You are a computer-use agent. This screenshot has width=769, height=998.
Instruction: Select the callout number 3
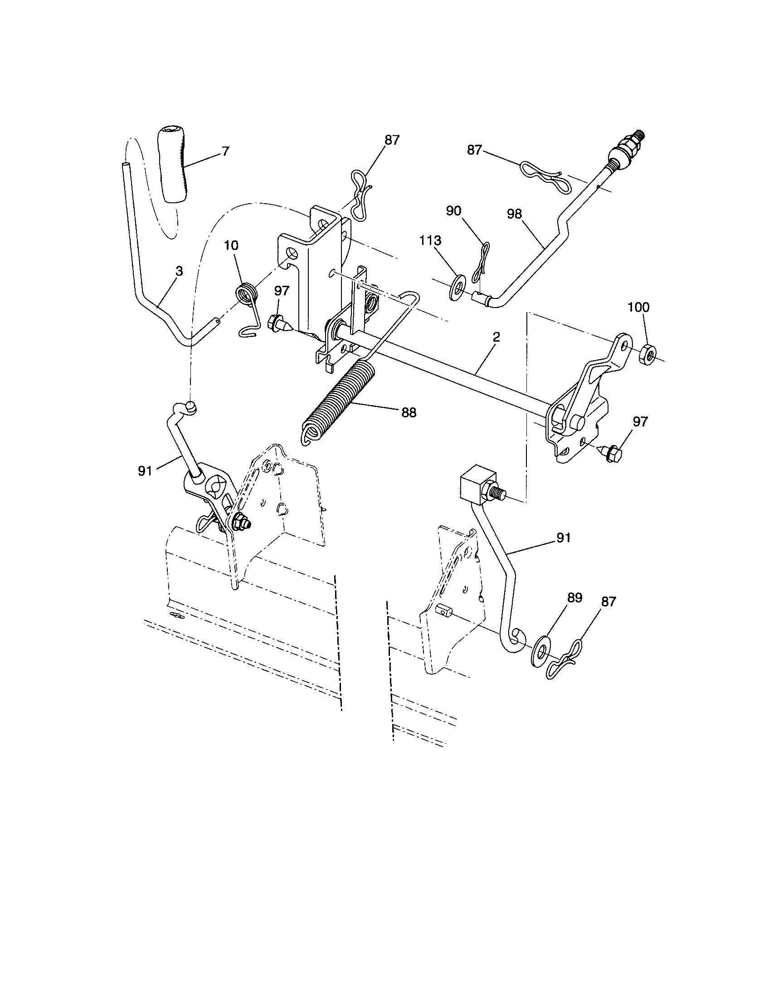pos(179,271)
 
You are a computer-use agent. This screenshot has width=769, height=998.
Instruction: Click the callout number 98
pos(514,214)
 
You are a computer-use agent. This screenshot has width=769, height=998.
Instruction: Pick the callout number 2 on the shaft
pos(496,337)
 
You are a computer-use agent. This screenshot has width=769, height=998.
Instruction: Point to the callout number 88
pos(409,412)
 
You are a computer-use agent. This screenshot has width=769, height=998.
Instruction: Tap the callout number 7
pos(225,151)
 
